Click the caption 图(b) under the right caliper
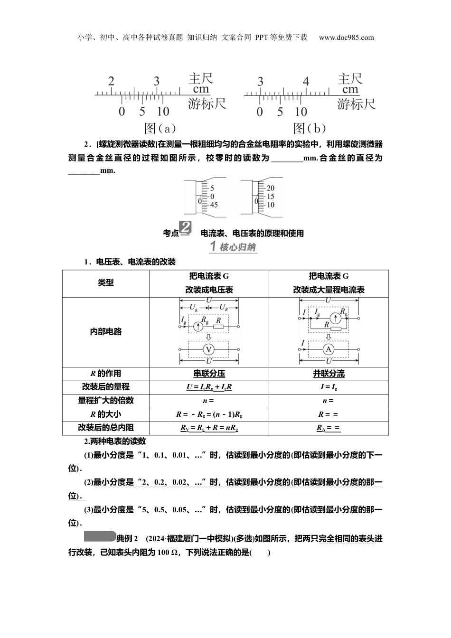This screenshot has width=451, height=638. pyautogui.click(x=310, y=128)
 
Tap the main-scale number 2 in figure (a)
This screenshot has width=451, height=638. pyautogui.click(x=111, y=81)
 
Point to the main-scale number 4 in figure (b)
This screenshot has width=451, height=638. pyautogui.click(x=306, y=82)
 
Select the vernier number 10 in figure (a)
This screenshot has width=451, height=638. pyautogui.click(x=163, y=112)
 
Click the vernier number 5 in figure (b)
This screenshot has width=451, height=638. pyautogui.click(x=280, y=112)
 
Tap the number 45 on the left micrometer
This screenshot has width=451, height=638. pyautogui.click(x=214, y=205)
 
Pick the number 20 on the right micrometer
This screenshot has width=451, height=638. pyautogui.click(x=270, y=188)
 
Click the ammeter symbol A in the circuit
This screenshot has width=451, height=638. pyautogui.click(x=328, y=350)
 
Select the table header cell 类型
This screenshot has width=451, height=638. pyautogui.click(x=105, y=283)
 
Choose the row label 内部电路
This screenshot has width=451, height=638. pyautogui.click(x=105, y=332)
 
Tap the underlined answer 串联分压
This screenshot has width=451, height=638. pyautogui.click(x=209, y=374)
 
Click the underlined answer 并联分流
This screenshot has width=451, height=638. pyautogui.click(x=329, y=374)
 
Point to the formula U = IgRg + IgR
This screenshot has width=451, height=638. pyautogui.click(x=209, y=387)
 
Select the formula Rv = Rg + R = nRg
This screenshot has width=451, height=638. pyautogui.click(x=209, y=428)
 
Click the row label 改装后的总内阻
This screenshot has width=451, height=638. pyautogui.click(x=105, y=428)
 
